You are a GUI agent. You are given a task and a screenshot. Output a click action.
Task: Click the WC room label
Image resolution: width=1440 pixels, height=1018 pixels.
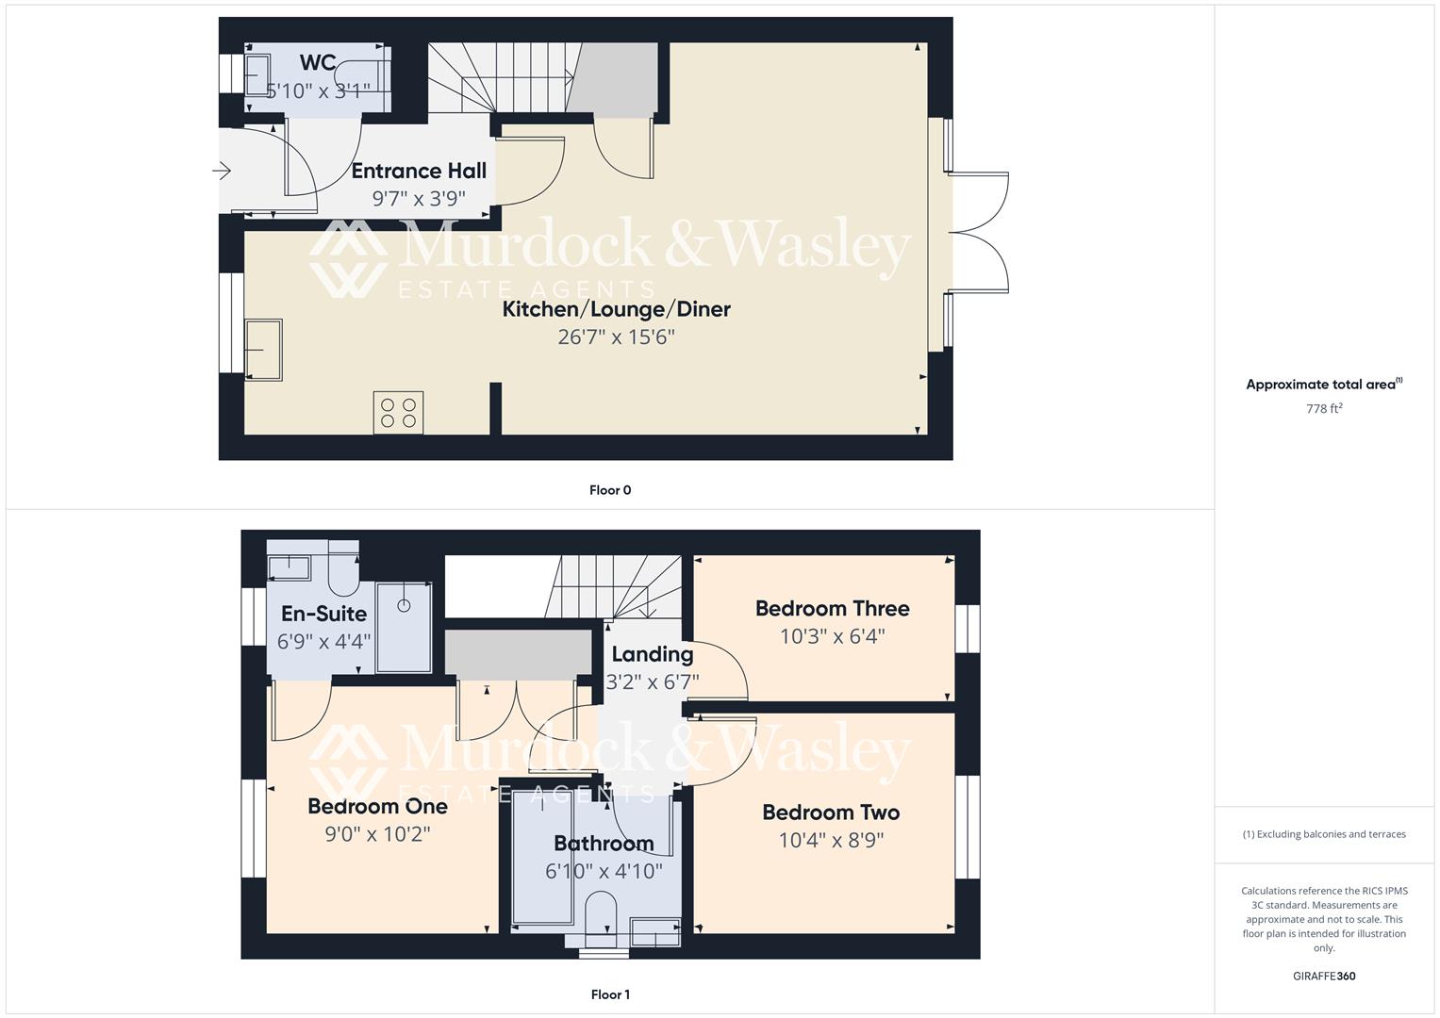coord(318,62)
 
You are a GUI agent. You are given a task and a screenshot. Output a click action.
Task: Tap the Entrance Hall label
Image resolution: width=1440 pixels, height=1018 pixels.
coord(419,171)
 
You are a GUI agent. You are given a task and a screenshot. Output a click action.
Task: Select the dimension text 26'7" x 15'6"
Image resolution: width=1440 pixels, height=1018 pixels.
coord(616,337)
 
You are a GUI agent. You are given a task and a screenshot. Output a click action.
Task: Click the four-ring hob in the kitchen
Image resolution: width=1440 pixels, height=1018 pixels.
coord(398,413)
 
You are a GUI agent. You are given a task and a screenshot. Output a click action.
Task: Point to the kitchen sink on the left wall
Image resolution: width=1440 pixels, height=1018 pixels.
coord(264,350)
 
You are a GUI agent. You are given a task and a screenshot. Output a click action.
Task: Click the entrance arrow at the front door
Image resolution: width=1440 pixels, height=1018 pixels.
coord(223,171)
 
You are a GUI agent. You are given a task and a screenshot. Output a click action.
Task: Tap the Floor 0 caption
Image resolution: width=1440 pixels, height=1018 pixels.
coord(610,490)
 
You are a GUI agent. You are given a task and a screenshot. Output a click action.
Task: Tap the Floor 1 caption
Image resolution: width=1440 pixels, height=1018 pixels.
coord(610,994)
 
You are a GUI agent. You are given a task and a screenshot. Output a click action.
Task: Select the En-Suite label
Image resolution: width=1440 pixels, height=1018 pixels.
coord(323,614)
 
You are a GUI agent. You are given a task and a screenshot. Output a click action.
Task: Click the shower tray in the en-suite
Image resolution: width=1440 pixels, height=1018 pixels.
coord(405,627)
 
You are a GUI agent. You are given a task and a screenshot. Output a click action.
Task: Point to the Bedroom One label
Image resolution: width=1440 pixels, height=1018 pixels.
coord(377,807)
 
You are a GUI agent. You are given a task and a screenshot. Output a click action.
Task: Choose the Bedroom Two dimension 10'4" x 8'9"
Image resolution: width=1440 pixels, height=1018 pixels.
coord(831,840)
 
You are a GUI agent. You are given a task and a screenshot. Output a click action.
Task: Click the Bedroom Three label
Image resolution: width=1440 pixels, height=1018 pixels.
coord(832,609)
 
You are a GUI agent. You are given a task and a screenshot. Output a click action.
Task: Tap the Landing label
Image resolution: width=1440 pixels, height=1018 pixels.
coord(652,654)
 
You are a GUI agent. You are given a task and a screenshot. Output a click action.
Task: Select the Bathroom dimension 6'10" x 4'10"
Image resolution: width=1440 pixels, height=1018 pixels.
coord(604,871)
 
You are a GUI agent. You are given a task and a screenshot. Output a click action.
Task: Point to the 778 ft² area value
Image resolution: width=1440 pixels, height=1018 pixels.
coord(1324,409)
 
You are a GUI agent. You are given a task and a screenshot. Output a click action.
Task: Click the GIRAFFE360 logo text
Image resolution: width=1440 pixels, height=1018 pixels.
coord(1324,977)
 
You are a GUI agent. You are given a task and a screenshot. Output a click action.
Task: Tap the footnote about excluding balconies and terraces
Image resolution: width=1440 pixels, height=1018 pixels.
coord(1324,834)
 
